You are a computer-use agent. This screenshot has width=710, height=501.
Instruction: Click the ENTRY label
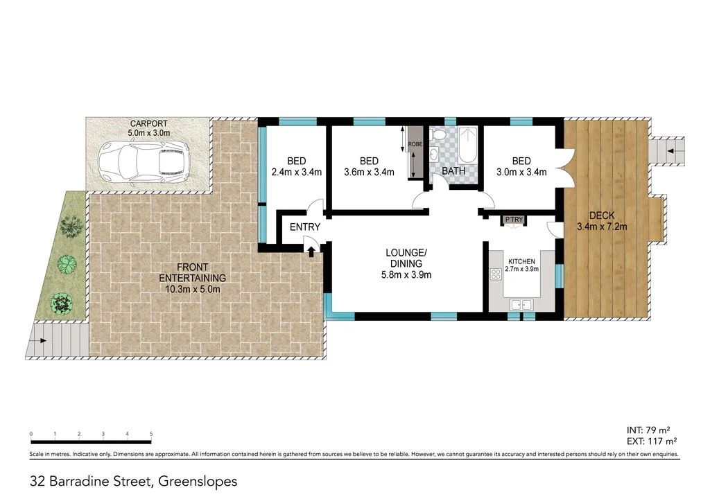305,227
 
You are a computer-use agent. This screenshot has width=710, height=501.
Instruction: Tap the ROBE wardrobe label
415,144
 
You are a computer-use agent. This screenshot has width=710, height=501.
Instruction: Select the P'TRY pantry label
514,220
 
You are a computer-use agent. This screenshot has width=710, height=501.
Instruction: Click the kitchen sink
520,304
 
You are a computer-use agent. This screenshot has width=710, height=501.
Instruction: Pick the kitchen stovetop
496,274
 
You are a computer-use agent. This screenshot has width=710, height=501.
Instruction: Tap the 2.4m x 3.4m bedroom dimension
296,173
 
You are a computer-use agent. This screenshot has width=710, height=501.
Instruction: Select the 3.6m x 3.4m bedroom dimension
369,173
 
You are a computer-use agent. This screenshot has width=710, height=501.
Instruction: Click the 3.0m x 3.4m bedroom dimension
521,173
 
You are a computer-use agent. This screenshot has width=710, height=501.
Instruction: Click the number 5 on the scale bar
151,434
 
